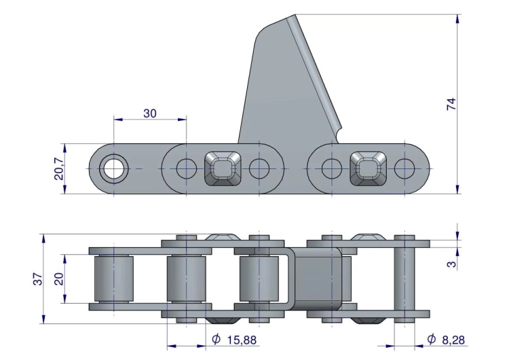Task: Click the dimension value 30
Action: click(x=149, y=113)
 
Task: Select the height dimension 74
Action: click(x=451, y=104)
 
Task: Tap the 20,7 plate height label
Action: click(x=59, y=168)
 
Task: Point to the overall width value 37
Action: click(x=38, y=278)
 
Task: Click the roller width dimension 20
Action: click(x=59, y=278)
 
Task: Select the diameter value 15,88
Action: click(x=242, y=339)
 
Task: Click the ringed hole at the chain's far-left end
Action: click(x=113, y=168)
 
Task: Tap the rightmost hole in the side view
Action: click(x=404, y=168)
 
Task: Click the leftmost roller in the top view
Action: click(x=113, y=279)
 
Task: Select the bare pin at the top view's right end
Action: click(x=404, y=279)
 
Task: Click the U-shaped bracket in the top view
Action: click(x=288, y=279)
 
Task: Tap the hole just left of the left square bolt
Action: click(x=186, y=168)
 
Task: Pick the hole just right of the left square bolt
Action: click(x=259, y=168)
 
